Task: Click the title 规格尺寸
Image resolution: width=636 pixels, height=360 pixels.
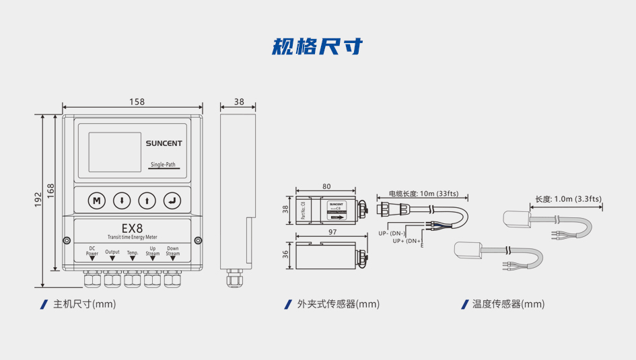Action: (318, 46)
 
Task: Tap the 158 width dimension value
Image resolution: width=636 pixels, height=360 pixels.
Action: (137, 102)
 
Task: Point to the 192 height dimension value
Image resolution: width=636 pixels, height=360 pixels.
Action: (38, 199)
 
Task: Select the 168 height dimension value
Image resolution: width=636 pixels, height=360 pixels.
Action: (50, 190)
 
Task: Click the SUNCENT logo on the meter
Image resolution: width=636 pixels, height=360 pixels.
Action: (164, 143)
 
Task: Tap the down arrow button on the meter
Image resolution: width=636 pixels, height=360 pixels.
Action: (122, 201)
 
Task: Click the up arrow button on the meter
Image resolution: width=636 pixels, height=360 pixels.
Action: (148, 201)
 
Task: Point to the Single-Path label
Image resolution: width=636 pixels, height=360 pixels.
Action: (163, 165)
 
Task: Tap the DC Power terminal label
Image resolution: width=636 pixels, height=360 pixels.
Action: (92, 252)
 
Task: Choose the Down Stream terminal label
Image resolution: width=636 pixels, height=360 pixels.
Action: (173, 251)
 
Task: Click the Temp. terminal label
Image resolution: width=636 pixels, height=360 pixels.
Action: (133, 253)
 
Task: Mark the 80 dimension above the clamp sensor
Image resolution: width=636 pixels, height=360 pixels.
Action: (326, 186)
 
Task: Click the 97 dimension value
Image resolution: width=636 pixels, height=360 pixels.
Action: (332, 232)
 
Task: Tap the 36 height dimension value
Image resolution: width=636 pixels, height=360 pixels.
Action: (285, 254)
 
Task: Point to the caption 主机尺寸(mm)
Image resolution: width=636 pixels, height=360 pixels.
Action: (85, 304)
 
